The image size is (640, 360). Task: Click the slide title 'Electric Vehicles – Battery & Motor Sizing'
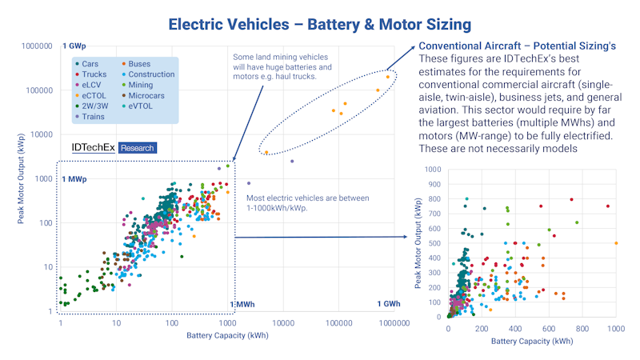(x=319, y=23)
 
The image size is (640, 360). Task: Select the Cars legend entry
(x=90, y=62)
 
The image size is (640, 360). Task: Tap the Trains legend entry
(x=93, y=117)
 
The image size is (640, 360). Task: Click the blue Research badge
(x=137, y=148)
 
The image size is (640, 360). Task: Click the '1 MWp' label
(x=74, y=178)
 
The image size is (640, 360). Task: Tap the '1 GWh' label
(x=390, y=304)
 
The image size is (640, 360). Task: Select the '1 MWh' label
(x=242, y=305)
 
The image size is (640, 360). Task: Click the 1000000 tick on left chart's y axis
(x=37, y=46)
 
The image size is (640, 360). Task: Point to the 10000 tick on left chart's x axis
(x=284, y=322)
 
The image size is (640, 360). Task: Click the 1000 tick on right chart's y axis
(x=433, y=170)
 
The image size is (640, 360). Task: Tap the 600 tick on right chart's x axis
(x=549, y=328)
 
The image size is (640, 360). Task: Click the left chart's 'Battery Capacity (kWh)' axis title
(x=227, y=335)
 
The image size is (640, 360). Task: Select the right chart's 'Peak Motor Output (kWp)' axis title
(x=418, y=243)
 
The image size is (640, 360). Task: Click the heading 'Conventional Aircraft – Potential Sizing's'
(x=518, y=47)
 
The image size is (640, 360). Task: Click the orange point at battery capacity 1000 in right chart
(x=616, y=243)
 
